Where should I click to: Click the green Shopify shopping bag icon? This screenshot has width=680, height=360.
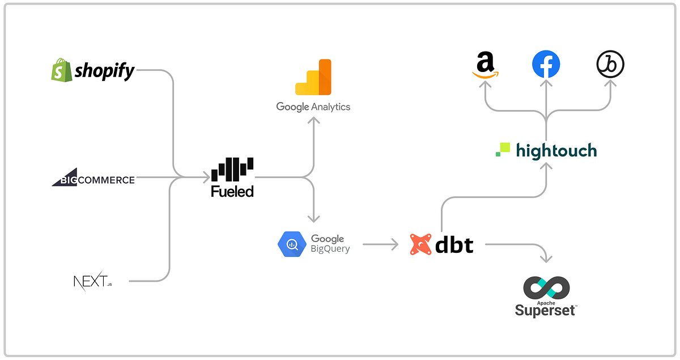tap(61, 70)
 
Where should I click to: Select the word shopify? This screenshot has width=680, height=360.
tap(105, 71)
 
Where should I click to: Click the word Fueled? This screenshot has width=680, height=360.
tap(232, 192)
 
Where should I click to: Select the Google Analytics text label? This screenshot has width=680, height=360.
tap(313, 107)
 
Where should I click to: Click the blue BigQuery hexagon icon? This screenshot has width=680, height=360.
tap(292, 244)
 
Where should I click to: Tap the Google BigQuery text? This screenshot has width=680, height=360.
tap(330, 244)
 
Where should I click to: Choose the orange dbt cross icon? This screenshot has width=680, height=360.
tap(420, 244)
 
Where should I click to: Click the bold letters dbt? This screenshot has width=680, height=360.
tap(454, 245)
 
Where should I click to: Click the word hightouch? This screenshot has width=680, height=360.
tap(556, 150)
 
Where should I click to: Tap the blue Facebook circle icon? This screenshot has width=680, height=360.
tap(546, 64)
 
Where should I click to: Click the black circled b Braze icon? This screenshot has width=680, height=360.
tap(610, 64)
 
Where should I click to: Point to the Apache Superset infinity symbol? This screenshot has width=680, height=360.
tap(546, 288)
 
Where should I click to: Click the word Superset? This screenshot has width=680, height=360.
tap(545, 310)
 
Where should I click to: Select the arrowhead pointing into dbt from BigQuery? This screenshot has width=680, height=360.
tap(394, 244)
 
